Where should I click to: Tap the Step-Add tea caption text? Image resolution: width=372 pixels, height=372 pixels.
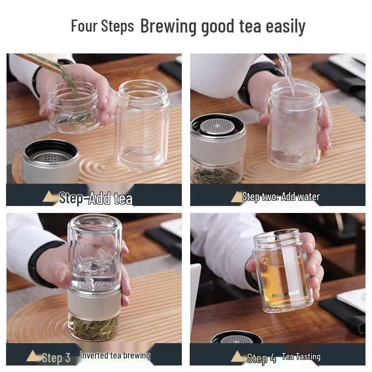(96, 198)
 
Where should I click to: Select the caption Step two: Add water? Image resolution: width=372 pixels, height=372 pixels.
(281, 197)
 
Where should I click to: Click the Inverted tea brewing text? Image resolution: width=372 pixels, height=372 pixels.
(115, 356)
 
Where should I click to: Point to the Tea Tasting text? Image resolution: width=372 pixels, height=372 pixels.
(301, 357)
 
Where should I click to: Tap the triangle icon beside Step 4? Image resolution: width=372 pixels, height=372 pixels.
(238, 357)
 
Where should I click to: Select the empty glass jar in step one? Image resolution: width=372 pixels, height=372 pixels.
(142, 126)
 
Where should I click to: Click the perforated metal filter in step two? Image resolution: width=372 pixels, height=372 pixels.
(219, 126)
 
